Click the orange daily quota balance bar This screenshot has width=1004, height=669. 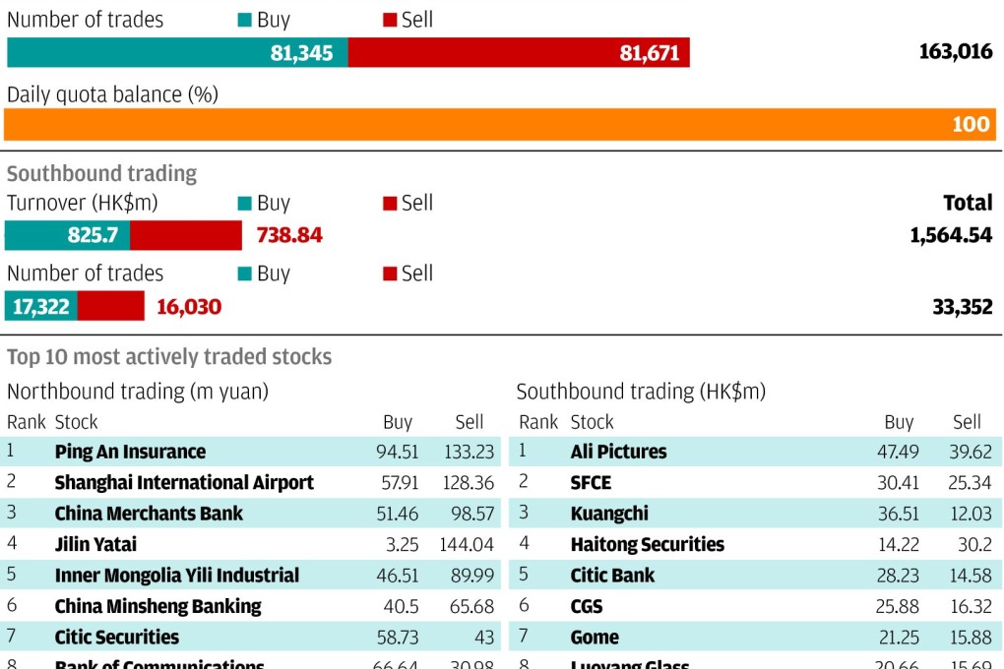point(500,125)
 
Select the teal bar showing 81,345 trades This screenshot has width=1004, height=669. point(177,53)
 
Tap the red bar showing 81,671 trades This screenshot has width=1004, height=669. point(519,53)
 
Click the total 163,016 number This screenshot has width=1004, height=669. point(955,52)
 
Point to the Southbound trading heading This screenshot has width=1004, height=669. point(101,173)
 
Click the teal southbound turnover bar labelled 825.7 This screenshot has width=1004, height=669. point(67,236)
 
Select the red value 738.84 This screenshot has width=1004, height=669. point(289,236)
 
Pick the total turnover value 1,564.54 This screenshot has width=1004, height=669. point(951,236)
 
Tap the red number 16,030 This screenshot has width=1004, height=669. point(189,307)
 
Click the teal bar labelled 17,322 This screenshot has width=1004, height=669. point(41,307)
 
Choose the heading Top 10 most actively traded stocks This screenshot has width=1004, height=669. point(169,357)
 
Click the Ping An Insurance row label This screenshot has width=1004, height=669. point(130,453)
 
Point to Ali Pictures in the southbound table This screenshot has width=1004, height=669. point(618,453)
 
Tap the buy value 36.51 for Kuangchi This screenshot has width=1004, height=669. point(897,514)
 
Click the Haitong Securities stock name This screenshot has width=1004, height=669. point(647,544)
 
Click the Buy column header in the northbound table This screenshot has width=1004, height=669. point(398,422)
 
